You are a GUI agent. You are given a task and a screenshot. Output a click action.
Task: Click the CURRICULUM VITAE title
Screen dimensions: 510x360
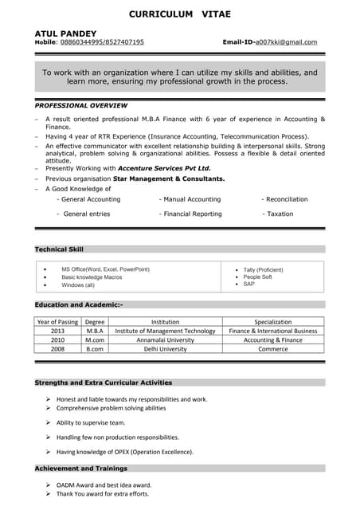click(179, 14)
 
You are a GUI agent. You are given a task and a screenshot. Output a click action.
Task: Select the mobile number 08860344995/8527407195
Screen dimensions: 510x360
click(102, 42)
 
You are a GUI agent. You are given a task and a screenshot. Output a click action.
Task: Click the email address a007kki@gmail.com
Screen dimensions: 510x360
click(286, 42)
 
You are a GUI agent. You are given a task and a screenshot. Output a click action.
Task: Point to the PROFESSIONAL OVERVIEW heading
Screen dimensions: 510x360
click(81, 106)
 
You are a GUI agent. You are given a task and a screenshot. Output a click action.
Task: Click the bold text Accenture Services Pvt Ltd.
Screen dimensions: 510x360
click(164, 169)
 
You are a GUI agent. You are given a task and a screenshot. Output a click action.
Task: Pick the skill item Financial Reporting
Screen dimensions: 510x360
click(190, 214)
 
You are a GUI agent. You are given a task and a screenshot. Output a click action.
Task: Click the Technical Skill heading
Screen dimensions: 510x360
click(59, 249)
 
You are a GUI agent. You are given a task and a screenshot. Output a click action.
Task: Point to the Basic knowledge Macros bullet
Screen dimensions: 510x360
click(92, 277)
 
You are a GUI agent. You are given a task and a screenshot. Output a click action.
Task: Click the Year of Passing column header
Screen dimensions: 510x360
click(57, 321)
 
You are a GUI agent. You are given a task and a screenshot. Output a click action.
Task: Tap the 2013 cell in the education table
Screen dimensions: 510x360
click(57, 331)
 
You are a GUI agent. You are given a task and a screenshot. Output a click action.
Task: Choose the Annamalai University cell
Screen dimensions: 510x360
click(165, 339)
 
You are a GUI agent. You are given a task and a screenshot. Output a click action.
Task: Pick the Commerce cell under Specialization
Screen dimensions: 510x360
click(272, 349)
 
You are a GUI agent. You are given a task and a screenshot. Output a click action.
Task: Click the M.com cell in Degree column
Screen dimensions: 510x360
click(96, 339)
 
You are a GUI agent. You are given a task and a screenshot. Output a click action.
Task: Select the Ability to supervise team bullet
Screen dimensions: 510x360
click(90, 422)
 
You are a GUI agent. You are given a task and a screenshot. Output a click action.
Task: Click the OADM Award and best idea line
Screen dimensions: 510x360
click(104, 484)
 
